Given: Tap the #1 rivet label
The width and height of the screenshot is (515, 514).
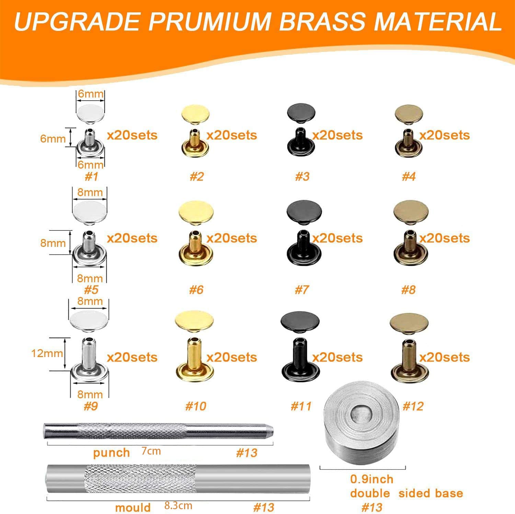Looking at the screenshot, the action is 91,176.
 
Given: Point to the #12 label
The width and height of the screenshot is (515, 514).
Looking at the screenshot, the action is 413,406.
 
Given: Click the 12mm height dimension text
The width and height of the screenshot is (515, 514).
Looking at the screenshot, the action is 47,353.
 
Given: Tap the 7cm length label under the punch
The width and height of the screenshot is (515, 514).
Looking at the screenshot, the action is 151,451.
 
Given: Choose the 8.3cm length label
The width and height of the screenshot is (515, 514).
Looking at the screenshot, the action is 178,505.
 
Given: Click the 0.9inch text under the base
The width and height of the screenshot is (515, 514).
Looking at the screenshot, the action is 372,479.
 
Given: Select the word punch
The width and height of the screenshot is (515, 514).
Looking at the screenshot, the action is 111,453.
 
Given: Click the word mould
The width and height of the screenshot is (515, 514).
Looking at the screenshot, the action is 133,507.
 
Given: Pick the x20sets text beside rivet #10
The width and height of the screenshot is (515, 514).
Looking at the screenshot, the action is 232,357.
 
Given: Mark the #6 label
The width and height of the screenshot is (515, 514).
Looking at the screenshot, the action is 196,290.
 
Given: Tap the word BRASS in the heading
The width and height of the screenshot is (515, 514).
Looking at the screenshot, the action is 325,21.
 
